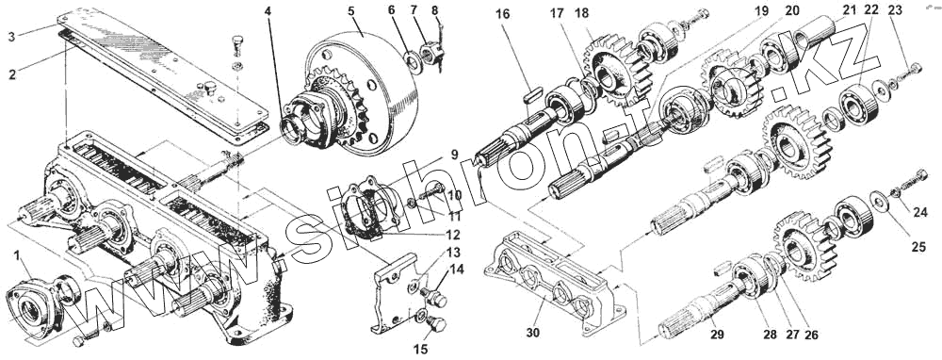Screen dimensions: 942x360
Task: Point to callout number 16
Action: click(x=502, y=15)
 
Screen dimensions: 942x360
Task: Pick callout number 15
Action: click(x=422, y=350)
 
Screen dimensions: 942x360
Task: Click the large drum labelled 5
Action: click(x=361, y=84)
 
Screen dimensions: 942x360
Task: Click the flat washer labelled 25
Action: click(x=880, y=200)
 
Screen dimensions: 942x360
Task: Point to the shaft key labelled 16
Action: click(x=533, y=93)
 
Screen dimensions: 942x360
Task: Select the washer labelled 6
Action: click(x=413, y=60)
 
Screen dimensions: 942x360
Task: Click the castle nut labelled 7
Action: click(x=433, y=54)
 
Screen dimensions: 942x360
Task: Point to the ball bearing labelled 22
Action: click(x=859, y=103)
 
